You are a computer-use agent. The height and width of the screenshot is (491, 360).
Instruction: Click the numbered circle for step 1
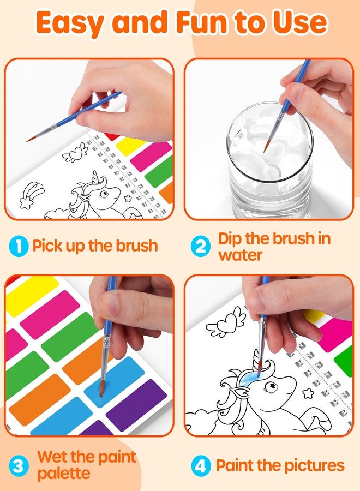[19, 246]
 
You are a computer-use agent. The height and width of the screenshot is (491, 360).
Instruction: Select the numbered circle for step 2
[200, 246]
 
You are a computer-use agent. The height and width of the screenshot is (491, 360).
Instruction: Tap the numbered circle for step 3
[19, 466]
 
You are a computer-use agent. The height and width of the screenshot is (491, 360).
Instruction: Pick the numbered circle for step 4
[200, 466]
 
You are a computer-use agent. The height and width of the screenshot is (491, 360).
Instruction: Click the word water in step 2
[240, 255]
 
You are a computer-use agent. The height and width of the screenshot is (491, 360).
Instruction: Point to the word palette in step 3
[64, 474]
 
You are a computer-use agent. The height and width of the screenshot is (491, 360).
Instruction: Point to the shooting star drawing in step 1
[31, 195]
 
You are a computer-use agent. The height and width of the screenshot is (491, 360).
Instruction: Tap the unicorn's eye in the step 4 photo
[269, 388]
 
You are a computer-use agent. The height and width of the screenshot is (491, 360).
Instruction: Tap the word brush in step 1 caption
[136, 245]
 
